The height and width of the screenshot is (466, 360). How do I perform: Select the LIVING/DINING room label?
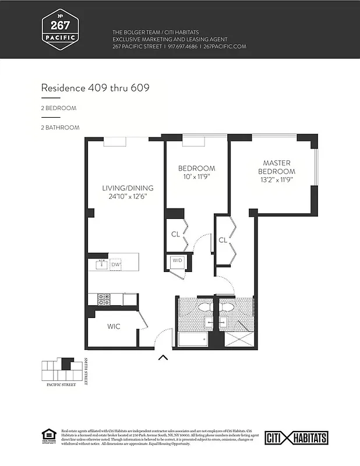click(x=128, y=188)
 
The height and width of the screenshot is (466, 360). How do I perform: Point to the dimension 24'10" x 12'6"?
click(x=128, y=196)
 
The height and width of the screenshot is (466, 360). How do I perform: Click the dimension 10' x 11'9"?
click(x=196, y=177)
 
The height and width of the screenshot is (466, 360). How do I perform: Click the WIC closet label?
click(x=114, y=326)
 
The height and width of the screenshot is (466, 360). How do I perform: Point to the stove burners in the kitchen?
click(x=104, y=299)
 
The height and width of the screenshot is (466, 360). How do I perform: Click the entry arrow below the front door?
click(x=163, y=358)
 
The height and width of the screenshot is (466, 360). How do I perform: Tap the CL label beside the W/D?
click(x=175, y=234)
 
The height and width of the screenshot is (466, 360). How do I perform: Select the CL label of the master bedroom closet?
click(x=223, y=239)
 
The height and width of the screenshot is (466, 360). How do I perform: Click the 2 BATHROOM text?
click(x=60, y=127)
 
